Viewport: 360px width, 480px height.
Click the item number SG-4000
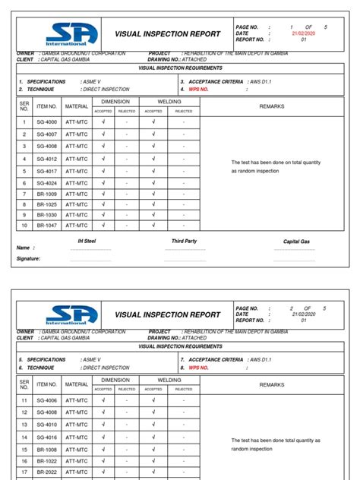pos(46,122)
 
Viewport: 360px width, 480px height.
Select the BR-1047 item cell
pos(46,226)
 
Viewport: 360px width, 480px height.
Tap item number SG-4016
pos(46,437)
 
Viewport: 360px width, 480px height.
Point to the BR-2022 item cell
pos(46,472)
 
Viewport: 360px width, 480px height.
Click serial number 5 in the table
pos(24,172)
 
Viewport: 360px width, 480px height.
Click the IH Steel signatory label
pos(87,241)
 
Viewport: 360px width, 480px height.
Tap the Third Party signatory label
pos(184,241)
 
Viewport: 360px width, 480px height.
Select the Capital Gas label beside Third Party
pos(296,242)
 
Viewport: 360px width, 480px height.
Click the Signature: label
pos(28,259)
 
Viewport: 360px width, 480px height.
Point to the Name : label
pos(25,248)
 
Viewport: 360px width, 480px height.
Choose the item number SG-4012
pos(46,159)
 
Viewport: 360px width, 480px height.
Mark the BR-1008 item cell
pos(46,450)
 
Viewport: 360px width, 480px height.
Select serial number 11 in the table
pos(24,399)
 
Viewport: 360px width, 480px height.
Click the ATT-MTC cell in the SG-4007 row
pos(77,134)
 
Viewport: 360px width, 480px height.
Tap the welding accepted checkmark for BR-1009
pos(153,194)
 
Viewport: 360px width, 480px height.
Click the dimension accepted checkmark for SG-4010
pos(103,425)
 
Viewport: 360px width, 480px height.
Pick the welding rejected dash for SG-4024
pos(183,183)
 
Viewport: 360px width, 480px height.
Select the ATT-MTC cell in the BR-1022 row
pos(77,461)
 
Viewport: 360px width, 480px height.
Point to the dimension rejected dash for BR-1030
pos(126,215)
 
